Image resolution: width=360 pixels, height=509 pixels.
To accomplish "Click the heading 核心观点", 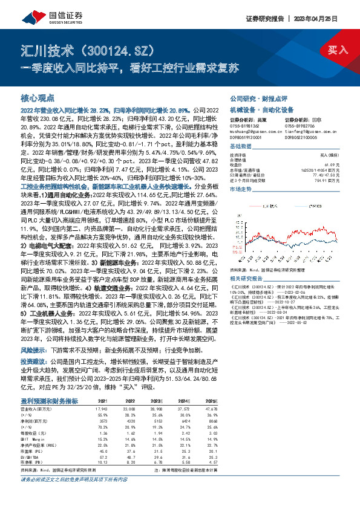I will [x=38, y=97].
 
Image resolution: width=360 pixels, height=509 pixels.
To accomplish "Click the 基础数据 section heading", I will [x=240, y=147].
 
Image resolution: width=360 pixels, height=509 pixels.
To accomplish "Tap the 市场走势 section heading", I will [x=240, y=189].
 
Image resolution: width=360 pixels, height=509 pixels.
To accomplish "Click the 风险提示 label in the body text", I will [x=33, y=366].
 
